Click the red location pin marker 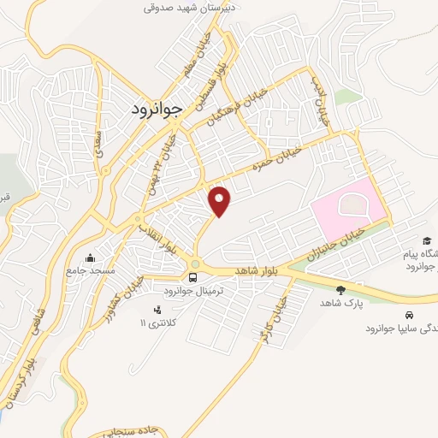click(x=221, y=201)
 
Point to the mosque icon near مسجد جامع click(x=91, y=257)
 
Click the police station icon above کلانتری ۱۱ click(x=156, y=310)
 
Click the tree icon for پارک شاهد click(x=341, y=290)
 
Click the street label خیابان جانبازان click(x=338, y=245)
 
